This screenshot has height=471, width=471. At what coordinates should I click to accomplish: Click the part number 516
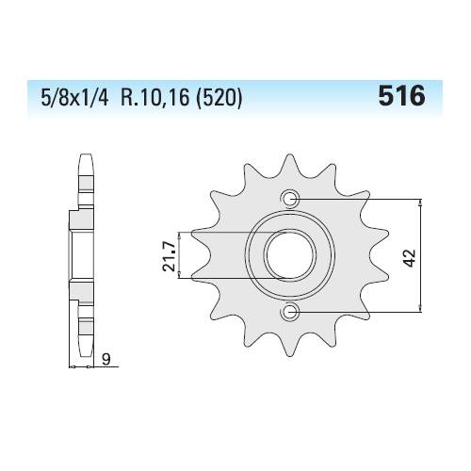pyautogui.click(x=402, y=96)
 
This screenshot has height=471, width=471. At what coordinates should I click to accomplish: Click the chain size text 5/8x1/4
pyautogui.click(x=74, y=97)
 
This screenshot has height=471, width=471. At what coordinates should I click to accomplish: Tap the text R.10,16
pyautogui.click(x=155, y=97)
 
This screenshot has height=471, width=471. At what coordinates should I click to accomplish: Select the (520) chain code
pyautogui.click(x=219, y=97)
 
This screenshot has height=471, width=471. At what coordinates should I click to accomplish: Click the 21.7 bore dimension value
pyautogui.click(x=169, y=256)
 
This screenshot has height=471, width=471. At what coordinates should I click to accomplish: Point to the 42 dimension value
pyautogui.click(x=410, y=258)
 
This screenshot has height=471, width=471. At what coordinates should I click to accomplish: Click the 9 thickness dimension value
pyautogui.click(x=106, y=360)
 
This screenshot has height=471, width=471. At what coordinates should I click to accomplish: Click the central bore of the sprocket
pyautogui.click(x=290, y=255)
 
